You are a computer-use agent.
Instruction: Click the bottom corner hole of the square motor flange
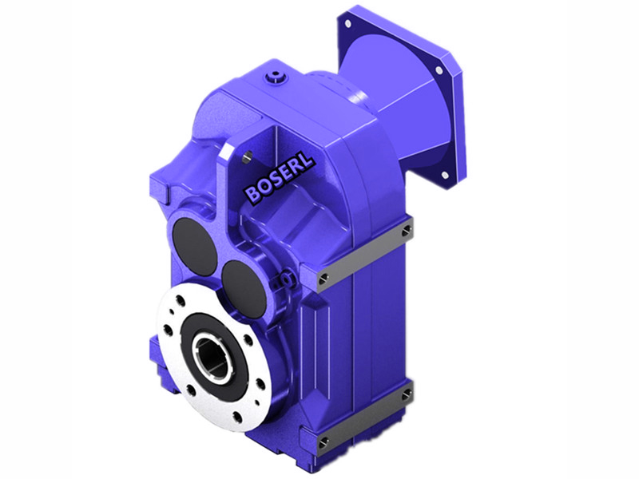pyautogui.click(x=443, y=173)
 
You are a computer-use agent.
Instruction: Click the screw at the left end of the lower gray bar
pyautogui.click(x=323, y=441)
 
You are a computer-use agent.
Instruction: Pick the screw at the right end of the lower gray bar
pyautogui.click(x=408, y=392)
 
